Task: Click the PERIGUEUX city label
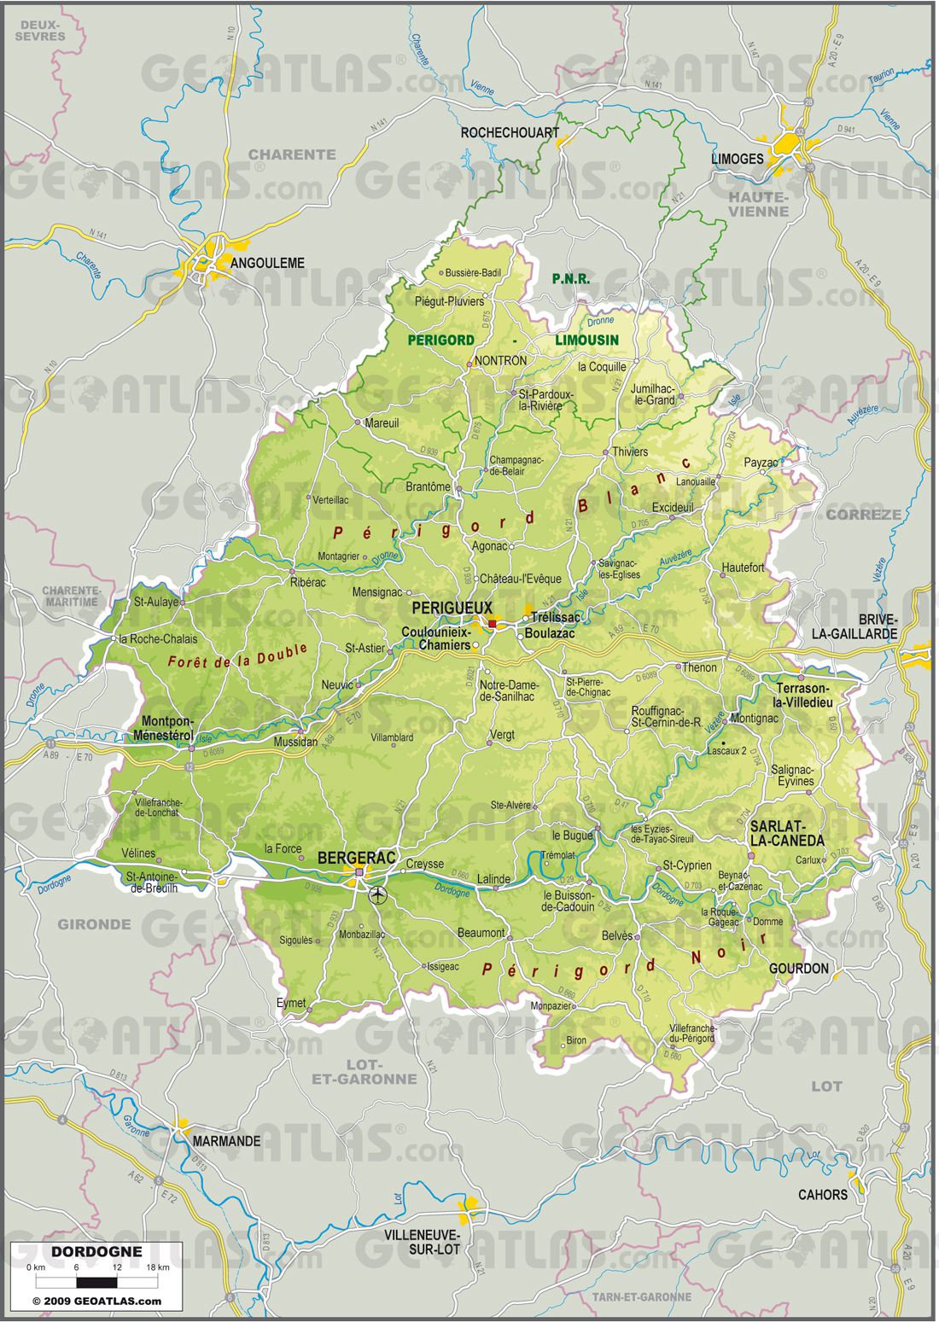pyautogui.click(x=452, y=608)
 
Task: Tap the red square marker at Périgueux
pyautogui.click(x=493, y=624)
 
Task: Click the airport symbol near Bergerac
pyautogui.click(x=377, y=895)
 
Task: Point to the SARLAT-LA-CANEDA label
pyautogui.click(x=787, y=833)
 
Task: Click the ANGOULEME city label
pyautogui.click(x=267, y=263)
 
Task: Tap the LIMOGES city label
pyautogui.click(x=737, y=159)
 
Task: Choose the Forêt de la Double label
pyautogui.click(x=237, y=655)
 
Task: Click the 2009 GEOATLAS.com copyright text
pyautogui.click(x=96, y=1301)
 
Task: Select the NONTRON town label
pyautogui.click(x=500, y=361)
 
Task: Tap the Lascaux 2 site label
pyautogui.click(x=727, y=751)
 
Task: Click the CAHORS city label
pyautogui.click(x=822, y=1194)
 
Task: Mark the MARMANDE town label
pyautogui.click(x=226, y=1141)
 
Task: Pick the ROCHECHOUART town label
pyautogui.click(x=510, y=132)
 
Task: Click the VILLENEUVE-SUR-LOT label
pyautogui.click(x=422, y=1242)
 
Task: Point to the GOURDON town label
pyautogui.click(x=798, y=968)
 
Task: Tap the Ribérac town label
pyautogui.click(x=307, y=582)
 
